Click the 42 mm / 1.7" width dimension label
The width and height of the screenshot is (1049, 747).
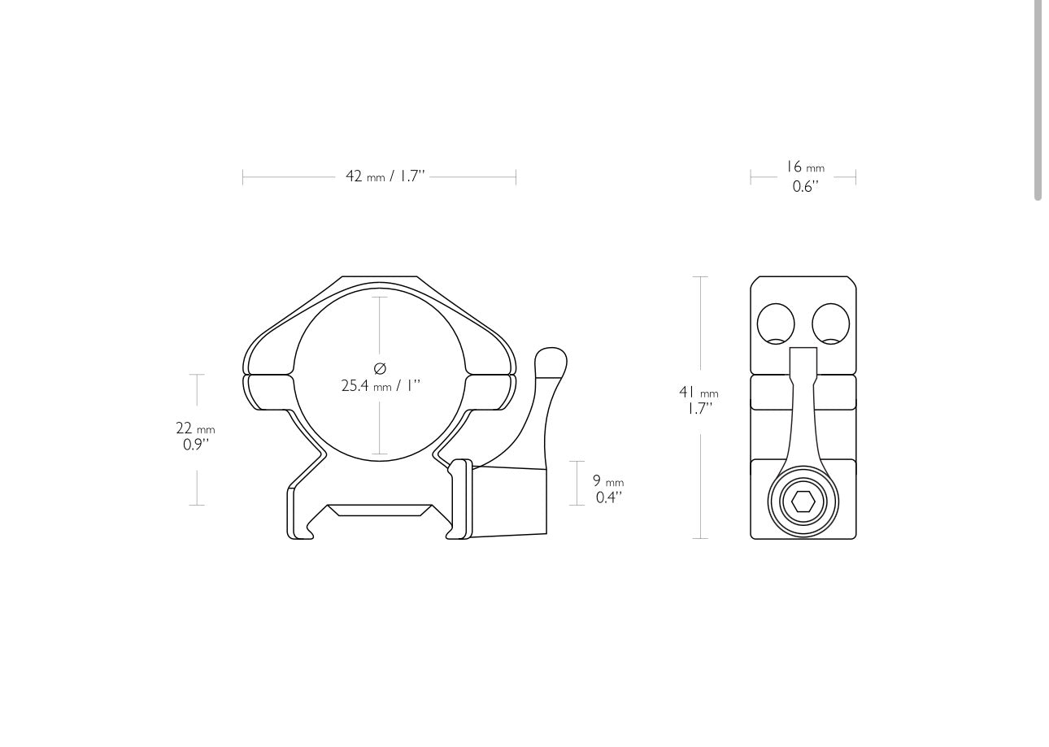click(385, 176)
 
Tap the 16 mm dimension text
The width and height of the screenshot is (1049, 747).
click(804, 168)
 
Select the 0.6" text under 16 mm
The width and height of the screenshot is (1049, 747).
click(805, 187)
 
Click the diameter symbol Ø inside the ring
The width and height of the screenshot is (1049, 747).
click(380, 368)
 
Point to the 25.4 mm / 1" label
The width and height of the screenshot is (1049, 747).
click(381, 386)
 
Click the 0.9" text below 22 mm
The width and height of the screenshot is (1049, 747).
click(196, 445)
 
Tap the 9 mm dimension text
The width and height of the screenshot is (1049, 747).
click(607, 481)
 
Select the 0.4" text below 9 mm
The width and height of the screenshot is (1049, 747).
click(608, 497)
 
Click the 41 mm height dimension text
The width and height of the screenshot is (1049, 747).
click(699, 393)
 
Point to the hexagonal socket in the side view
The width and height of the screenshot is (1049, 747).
click(803, 502)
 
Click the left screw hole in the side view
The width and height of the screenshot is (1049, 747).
click(776, 324)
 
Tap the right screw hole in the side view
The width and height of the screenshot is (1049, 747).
click(830, 324)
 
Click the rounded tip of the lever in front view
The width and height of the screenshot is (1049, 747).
click(551, 358)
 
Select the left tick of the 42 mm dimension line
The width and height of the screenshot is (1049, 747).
click(242, 176)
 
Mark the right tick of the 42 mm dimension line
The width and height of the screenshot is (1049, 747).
click(516, 176)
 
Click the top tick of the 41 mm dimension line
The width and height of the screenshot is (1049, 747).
click(699, 277)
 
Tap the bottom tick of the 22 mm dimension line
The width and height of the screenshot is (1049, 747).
click(197, 505)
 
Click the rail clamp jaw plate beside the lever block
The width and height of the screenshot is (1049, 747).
click(460, 499)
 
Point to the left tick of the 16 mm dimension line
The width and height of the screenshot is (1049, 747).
click(751, 176)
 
